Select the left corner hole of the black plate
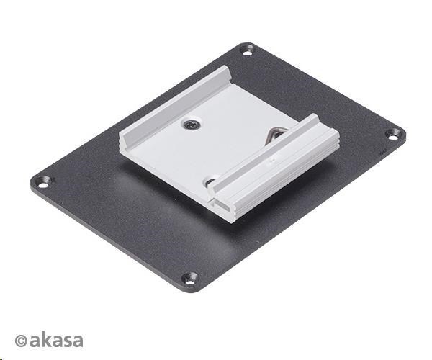[42, 182]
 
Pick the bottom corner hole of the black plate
[189, 278]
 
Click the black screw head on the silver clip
[192, 125]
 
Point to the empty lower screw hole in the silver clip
[210, 181]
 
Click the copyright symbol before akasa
[21, 341]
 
